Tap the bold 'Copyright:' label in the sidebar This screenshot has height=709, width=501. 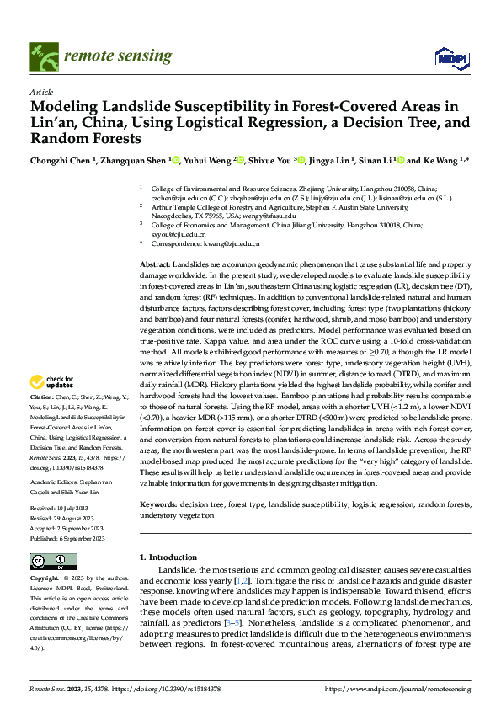46,579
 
